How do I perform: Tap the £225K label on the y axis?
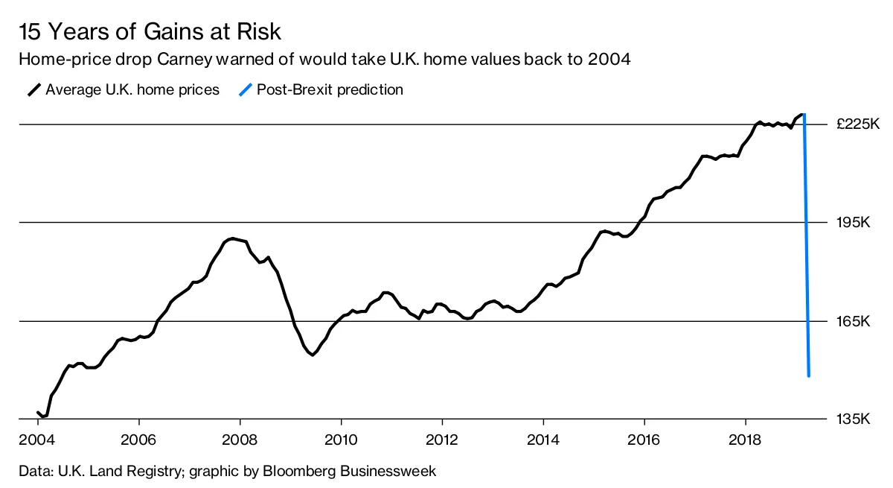(858, 124)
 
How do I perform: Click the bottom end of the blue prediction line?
(808, 375)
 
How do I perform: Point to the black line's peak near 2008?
(233, 238)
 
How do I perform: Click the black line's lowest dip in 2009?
(313, 355)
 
